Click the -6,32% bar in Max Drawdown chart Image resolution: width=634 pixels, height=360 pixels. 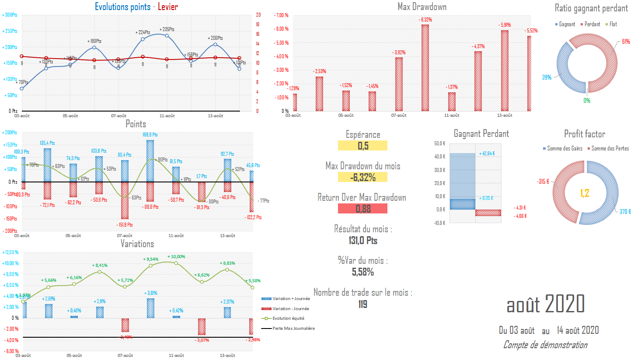(x=425, y=68)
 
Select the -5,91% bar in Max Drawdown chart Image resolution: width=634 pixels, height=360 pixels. (x=505, y=70)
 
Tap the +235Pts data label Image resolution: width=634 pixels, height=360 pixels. (x=167, y=29)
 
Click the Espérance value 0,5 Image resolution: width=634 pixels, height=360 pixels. (x=362, y=146)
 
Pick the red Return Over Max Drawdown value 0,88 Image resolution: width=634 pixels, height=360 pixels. (x=362, y=209)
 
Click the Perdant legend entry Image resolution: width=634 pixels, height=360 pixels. (x=590, y=24)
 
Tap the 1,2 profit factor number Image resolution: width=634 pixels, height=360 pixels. (x=585, y=192)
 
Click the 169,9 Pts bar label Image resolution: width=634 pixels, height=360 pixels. (x=150, y=135)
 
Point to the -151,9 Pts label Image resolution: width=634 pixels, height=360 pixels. (x=125, y=224)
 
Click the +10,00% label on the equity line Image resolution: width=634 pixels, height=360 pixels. (x=176, y=257)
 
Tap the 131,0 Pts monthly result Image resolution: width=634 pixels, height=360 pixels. (x=362, y=241)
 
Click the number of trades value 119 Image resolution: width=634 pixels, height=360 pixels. (x=362, y=304)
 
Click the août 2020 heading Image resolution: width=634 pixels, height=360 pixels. (x=545, y=304)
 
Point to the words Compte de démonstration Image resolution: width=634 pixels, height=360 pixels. (x=545, y=345)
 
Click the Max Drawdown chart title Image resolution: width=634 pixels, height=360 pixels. (x=422, y=7)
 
